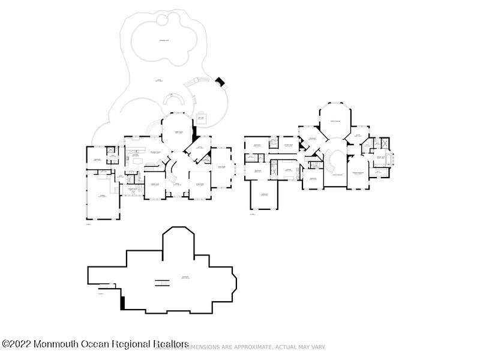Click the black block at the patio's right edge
[x=220, y=82]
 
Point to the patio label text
[x=159, y=80]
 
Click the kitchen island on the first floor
[x=137, y=161]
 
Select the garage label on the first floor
[x=103, y=196]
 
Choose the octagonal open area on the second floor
[x=335, y=122]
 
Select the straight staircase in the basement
[x=161, y=283]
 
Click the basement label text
[x=185, y=277]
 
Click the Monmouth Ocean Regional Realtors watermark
[x=96, y=344]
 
